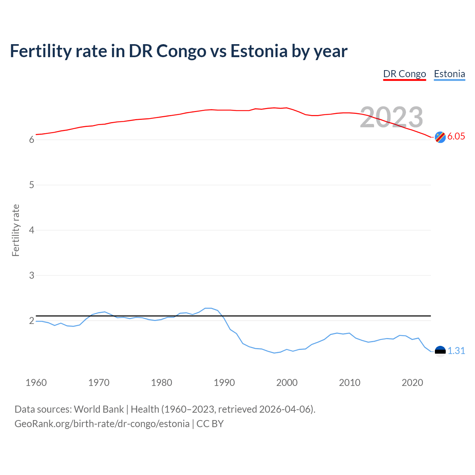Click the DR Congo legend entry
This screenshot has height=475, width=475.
tap(404, 74)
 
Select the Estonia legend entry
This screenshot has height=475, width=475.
tap(449, 74)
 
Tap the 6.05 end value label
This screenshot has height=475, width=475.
tap(456, 136)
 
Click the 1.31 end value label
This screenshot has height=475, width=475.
tap(456, 351)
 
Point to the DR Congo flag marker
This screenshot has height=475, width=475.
tap(440, 137)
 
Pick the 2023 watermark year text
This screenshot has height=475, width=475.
tap(392, 117)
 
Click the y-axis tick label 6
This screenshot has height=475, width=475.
tap(32, 140)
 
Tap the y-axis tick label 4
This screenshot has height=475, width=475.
tap(32, 230)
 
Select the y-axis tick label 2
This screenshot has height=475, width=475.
tap(32, 321)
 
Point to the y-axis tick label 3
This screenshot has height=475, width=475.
tap(32, 275)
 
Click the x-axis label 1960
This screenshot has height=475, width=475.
tap(36, 383)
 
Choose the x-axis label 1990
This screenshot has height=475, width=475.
tap(224, 383)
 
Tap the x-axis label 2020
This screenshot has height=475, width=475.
tap(412, 383)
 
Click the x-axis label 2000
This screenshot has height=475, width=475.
tap(287, 383)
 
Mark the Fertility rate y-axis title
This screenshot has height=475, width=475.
tap(16, 230)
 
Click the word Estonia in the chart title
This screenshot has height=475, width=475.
tap(259, 51)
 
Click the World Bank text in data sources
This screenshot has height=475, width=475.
tap(99, 409)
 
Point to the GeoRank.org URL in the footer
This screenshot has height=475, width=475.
tap(102, 423)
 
